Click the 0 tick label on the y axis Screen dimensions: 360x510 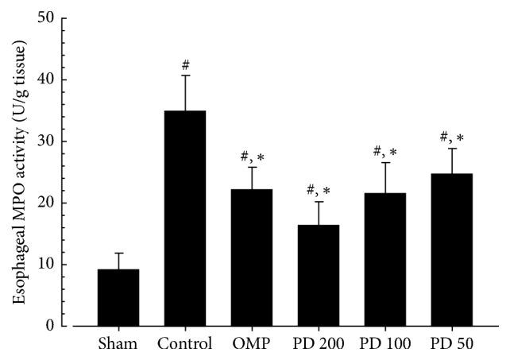[x=56, y=326]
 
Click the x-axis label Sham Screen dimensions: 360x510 [x=118, y=345]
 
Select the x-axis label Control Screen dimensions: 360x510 [x=185, y=345]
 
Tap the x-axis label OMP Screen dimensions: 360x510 [x=252, y=345]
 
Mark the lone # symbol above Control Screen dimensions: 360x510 [x=185, y=64]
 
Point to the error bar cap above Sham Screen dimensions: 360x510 [x=118, y=254]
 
